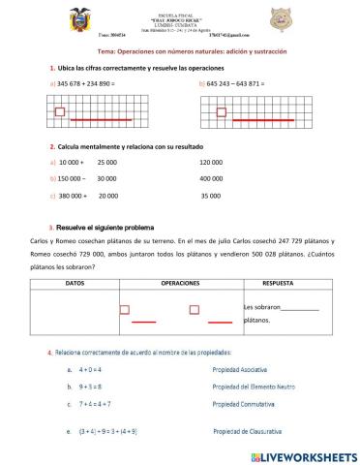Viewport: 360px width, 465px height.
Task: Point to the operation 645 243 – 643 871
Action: coord(235,84)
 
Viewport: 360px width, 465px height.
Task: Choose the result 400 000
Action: coord(211,178)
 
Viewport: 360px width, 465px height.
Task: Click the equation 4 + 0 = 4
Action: coord(97,369)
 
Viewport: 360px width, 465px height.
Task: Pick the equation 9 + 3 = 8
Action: coord(97,386)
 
